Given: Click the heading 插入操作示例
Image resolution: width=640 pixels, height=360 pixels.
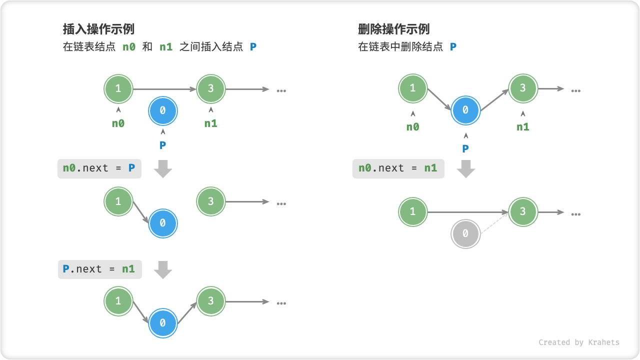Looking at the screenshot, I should pyautogui.click(x=98, y=28).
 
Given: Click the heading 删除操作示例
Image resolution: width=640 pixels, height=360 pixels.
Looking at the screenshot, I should pyautogui.click(x=393, y=28).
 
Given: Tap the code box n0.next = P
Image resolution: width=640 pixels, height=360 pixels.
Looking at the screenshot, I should pyautogui.click(x=99, y=168).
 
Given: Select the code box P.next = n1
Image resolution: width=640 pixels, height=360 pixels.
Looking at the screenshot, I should pyautogui.click(x=99, y=269).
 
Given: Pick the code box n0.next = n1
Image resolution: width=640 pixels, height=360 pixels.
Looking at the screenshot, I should pyautogui.click(x=398, y=168).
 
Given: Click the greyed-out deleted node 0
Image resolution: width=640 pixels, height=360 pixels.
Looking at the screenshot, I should pyautogui.click(x=465, y=233).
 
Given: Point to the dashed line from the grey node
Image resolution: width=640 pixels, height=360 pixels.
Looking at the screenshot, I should pyautogui.click(x=494, y=222).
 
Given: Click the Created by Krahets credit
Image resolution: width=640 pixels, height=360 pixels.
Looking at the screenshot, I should pyautogui.click(x=578, y=342).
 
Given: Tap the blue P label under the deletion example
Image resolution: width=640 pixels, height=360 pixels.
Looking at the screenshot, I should pyautogui.click(x=465, y=148).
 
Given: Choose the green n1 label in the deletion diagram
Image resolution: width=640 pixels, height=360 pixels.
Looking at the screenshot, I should pyautogui.click(x=522, y=127).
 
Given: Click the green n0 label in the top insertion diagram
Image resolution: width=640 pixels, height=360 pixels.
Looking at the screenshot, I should pyautogui.click(x=118, y=123).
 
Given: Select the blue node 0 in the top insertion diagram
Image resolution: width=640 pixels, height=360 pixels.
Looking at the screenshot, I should pyautogui.click(x=162, y=111).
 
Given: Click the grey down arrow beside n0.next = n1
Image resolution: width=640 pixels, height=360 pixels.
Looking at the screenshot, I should pyautogui.click(x=466, y=169).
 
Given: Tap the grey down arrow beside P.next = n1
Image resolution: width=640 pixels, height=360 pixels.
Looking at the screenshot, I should pyautogui.click(x=163, y=270).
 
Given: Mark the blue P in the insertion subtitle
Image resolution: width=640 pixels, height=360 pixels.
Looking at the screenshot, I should pyautogui.click(x=253, y=47).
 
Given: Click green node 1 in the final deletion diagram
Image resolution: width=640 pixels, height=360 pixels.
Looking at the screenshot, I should pyautogui.click(x=412, y=212).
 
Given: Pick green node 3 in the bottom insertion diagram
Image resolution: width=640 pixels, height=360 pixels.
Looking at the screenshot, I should pyautogui.click(x=210, y=301).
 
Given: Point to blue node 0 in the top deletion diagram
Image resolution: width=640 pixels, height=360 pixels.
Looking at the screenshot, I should pyautogui.click(x=465, y=110).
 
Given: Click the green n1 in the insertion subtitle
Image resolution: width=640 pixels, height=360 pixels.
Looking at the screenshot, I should pyautogui.click(x=166, y=47).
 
